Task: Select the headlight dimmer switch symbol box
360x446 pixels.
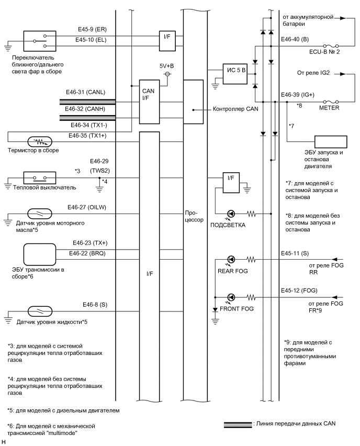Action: (x=39, y=40)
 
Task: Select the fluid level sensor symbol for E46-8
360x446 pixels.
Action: (x=37, y=310)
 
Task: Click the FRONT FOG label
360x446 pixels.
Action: (x=237, y=309)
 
